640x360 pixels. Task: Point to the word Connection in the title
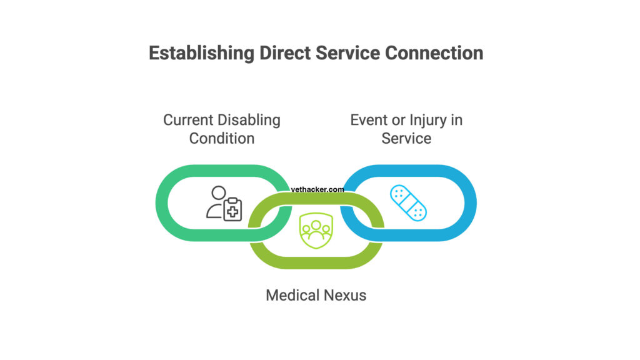tap(434, 53)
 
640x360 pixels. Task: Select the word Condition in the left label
tap(222, 138)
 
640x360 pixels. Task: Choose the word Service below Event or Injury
tap(406, 138)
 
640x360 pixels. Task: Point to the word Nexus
tap(346, 294)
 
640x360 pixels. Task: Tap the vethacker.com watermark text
tap(317, 189)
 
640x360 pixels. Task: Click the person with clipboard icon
tap(224, 203)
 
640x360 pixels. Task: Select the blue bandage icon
tap(407, 203)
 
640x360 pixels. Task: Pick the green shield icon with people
tap(316, 230)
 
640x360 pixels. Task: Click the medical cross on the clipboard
tap(233, 211)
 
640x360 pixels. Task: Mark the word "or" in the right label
tap(397, 120)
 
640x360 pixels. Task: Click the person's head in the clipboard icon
tap(217, 193)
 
